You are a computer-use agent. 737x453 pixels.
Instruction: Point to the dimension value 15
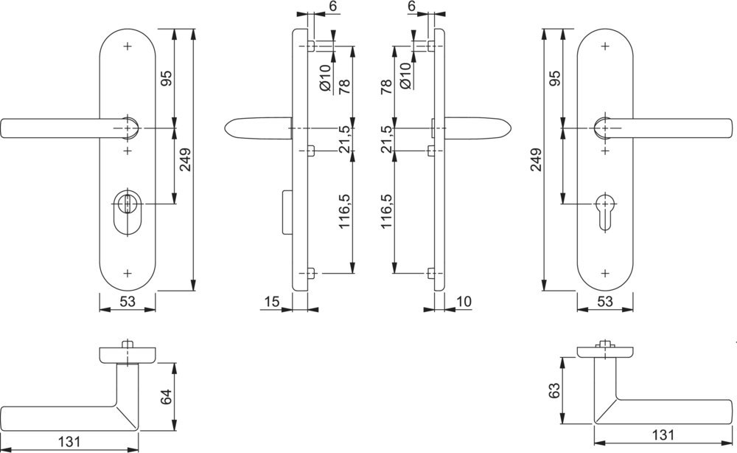pos(270,301)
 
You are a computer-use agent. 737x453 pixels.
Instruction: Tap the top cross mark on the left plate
pos(128,46)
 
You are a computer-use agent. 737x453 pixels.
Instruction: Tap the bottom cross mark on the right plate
pos(606,274)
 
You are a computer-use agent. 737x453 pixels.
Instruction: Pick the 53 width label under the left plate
pos(127,301)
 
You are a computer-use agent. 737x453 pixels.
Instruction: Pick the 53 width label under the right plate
pos(605,301)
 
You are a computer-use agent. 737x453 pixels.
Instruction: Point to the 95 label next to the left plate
pos(166,79)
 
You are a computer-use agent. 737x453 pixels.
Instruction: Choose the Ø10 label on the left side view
pos(325,77)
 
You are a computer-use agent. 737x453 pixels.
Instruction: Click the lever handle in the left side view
pos(258,130)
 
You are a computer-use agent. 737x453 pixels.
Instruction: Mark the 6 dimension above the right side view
pos(412,6)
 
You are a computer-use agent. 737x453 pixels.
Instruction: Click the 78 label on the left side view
pos(343,86)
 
